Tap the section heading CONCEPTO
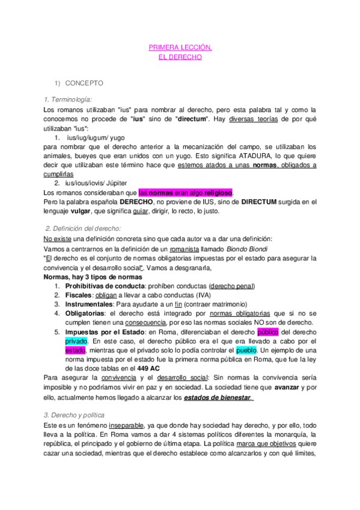(x=84, y=83)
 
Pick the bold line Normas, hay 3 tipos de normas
(x=94, y=277)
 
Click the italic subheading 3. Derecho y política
(x=75, y=415)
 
